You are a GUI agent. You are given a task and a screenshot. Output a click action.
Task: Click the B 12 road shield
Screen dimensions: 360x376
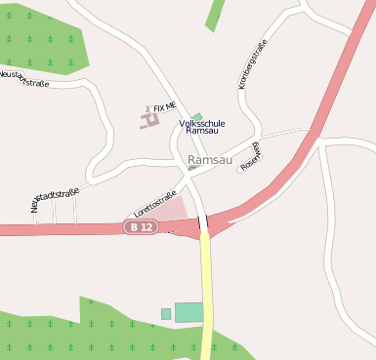[141, 226]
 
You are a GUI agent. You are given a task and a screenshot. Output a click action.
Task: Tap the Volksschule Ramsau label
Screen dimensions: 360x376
[202, 127]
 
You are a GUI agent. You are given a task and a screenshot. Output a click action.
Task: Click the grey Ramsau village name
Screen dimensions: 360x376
[210, 160]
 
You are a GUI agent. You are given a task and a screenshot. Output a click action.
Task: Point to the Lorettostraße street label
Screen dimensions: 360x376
[155, 204]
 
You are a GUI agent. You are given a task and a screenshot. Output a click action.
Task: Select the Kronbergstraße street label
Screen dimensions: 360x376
[253, 64]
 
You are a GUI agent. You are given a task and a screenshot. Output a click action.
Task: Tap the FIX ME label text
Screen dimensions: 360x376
[165, 105]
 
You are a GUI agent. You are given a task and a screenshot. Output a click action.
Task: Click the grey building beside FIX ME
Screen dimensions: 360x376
[149, 120]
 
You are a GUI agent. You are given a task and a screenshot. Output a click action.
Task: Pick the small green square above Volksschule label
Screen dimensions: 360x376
[198, 117]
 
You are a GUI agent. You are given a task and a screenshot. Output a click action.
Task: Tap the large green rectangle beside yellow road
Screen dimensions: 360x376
[188, 312]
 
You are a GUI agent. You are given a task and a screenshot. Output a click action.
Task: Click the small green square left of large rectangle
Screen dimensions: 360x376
[166, 313]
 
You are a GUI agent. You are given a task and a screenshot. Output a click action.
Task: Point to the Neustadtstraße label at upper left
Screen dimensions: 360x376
[24, 78]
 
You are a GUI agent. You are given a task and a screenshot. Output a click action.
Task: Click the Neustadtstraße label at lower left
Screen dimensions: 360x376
[55, 199]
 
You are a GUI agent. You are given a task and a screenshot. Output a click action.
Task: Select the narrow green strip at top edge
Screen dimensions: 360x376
[215, 14]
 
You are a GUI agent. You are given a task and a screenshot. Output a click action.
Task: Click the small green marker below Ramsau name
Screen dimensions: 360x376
[192, 168]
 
